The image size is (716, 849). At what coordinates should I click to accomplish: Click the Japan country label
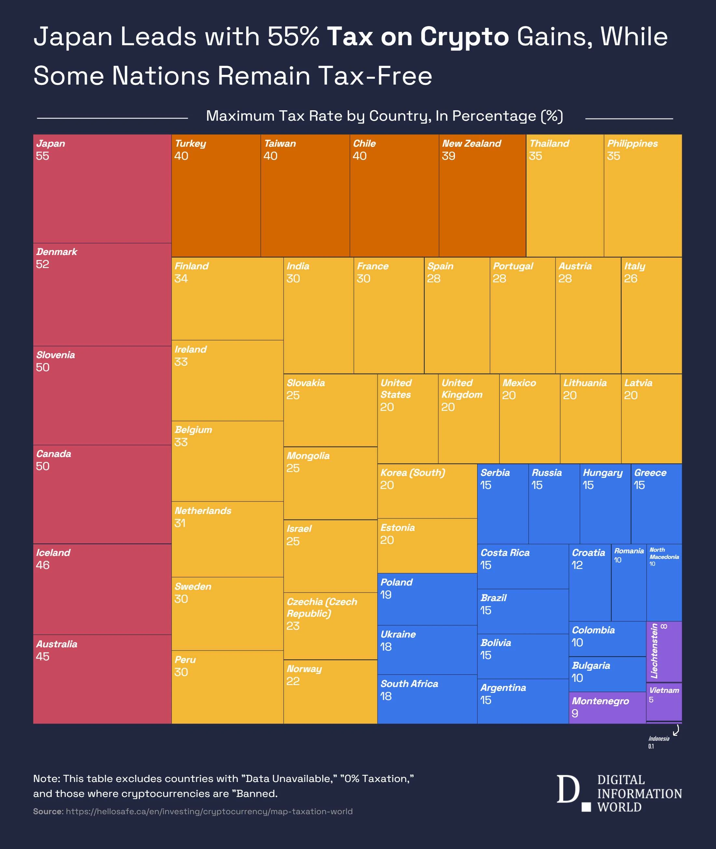click(x=51, y=143)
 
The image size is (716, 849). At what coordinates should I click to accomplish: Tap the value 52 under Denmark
click(x=42, y=264)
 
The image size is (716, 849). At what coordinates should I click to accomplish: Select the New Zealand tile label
click(x=471, y=143)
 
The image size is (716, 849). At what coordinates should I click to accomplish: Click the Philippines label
click(x=632, y=143)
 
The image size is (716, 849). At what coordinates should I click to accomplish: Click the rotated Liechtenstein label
click(x=654, y=651)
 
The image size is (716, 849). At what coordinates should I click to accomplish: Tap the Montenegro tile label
click(x=600, y=701)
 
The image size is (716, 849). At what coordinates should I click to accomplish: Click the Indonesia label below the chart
click(x=659, y=739)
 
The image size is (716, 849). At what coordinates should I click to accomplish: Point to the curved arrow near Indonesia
click(x=676, y=731)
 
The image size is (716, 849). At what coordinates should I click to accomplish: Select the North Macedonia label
click(x=664, y=553)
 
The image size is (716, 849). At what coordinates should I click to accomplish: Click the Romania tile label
click(x=628, y=551)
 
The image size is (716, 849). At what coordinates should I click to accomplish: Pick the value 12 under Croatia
click(x=577, y=565)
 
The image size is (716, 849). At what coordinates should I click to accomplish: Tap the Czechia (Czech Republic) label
click(x=322, y=607)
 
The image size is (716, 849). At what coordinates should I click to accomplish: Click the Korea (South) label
click(x=412, y=473)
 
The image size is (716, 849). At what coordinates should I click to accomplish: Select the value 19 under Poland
click(x=386, y=595)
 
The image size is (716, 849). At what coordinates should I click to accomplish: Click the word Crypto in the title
click(x=464, y=37)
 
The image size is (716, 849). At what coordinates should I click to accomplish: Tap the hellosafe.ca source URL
click(x=209, y=811)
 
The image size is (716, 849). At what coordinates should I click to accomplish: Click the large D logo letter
click(x=568, y=789)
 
